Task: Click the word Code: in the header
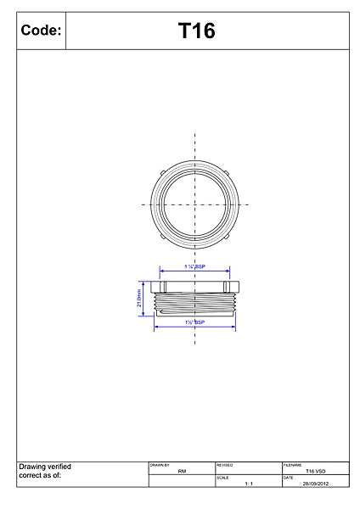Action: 40,31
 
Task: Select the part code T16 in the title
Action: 196,31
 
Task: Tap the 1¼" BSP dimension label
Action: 194,266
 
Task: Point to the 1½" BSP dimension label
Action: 194,323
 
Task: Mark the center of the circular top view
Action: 195,204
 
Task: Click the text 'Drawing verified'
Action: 44,467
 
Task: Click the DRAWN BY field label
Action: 160,465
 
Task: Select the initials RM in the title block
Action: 182,471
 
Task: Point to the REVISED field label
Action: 225,465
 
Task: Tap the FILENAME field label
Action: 293,465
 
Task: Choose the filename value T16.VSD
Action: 315,471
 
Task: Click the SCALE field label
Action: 222,478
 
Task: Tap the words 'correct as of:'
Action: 40,476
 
